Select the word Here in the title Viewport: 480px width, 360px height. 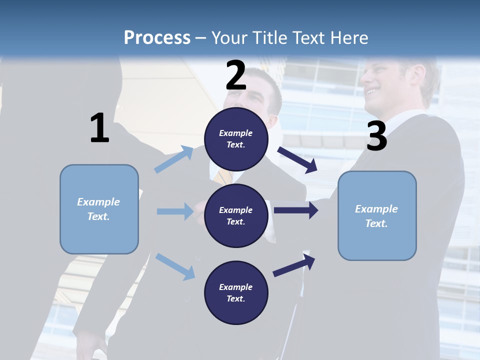349,37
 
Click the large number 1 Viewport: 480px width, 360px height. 100,127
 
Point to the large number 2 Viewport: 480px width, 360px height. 236,75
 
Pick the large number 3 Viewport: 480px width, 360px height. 377,135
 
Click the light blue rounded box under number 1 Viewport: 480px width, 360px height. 99,209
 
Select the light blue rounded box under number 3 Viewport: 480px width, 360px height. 377,216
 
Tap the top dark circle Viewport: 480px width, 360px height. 236,139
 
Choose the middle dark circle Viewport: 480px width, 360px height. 236,216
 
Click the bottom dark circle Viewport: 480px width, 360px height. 236,292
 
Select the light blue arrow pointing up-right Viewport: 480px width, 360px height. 173,159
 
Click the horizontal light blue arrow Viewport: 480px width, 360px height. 175,211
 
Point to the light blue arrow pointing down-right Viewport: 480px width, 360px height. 175,266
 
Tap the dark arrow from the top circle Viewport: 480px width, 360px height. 297,160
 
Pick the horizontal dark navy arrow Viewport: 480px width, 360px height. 296,210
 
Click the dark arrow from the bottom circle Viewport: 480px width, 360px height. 294,265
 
